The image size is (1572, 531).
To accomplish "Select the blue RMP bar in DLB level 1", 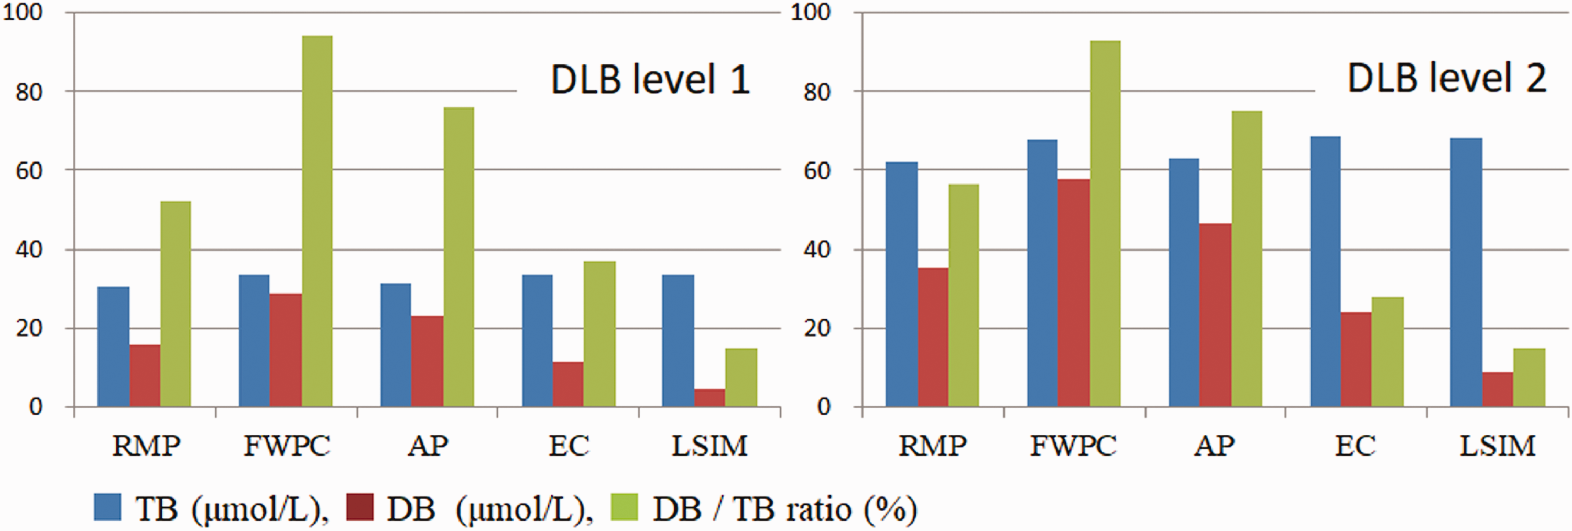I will click(x=114, y=346).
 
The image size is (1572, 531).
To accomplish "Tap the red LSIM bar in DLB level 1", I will click(x=709, y=398).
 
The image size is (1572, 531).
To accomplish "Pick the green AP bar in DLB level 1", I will click(x=459, y=257).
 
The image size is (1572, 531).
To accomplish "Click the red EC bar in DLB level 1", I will click(x=567, y=385).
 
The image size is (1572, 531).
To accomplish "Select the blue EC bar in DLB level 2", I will click(x=1326, y=272).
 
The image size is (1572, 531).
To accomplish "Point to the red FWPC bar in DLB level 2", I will click(x=1074, y=293).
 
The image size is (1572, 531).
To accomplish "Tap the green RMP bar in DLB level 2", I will click(x=964, y=296).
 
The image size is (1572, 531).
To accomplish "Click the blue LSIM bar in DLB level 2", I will click(x=1466, y=272).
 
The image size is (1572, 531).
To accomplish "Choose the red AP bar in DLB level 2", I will click(x=1215, y=315).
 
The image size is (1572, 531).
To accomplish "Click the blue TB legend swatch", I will click(x=107, y=507).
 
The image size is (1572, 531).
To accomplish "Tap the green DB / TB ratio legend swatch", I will click(x=624, y=507).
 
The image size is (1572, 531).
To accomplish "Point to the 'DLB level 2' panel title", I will click(x=1446, y=79).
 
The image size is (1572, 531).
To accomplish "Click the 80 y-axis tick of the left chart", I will click(x=28, y=92).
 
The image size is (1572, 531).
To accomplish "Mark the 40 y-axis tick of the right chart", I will click(x=816, y=250).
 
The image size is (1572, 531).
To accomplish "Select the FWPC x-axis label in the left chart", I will click(x=287, y=446).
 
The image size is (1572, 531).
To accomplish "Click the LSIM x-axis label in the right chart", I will click(x=1497, y=446).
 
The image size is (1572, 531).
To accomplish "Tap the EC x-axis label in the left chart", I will click(x=569, y=446).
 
